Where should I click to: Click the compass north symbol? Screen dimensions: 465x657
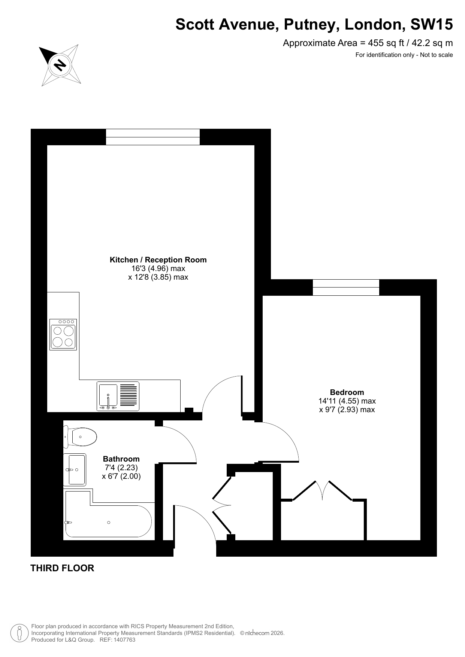click(x=60, y=65)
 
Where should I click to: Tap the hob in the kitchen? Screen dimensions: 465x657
click(x=63, y=335)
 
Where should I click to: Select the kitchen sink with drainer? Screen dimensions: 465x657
click(x=118, y=396)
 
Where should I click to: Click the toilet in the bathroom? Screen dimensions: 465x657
click(x=80, y=437)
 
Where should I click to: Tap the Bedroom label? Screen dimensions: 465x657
click(x=347, y=392)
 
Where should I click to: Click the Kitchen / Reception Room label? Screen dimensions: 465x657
click(x=158, y=260)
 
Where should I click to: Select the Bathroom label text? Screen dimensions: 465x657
click(x=121, y=459)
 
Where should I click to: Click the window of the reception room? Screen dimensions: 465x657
click(x=153, y=137)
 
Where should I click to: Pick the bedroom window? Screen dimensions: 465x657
click(x=346, y=288)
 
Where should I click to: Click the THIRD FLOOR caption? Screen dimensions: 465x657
click(x=62, y=568)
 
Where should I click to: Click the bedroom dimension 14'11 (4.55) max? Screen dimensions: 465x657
click(x=347, y=401)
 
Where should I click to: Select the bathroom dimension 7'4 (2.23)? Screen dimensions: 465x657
click(x=121, y=468)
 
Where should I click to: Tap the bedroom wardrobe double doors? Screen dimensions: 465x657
click(x=322, y=490)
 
